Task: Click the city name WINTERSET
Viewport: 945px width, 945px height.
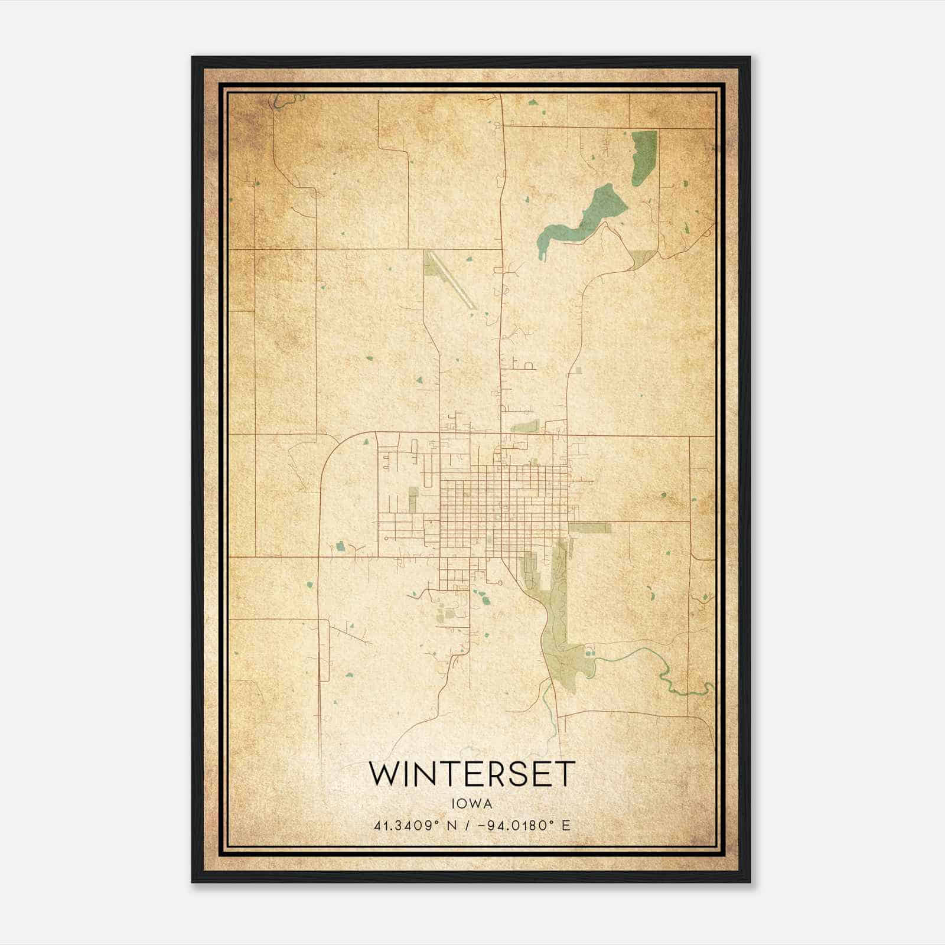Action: (x=471, y=774)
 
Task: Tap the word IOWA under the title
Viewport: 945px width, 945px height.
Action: (x=471, y=804)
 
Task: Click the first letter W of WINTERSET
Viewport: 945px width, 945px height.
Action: (x=383, y=774)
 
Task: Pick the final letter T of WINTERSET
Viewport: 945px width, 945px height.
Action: (x=565, y=774)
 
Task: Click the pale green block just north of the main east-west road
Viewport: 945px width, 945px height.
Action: (x=524, y=426)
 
